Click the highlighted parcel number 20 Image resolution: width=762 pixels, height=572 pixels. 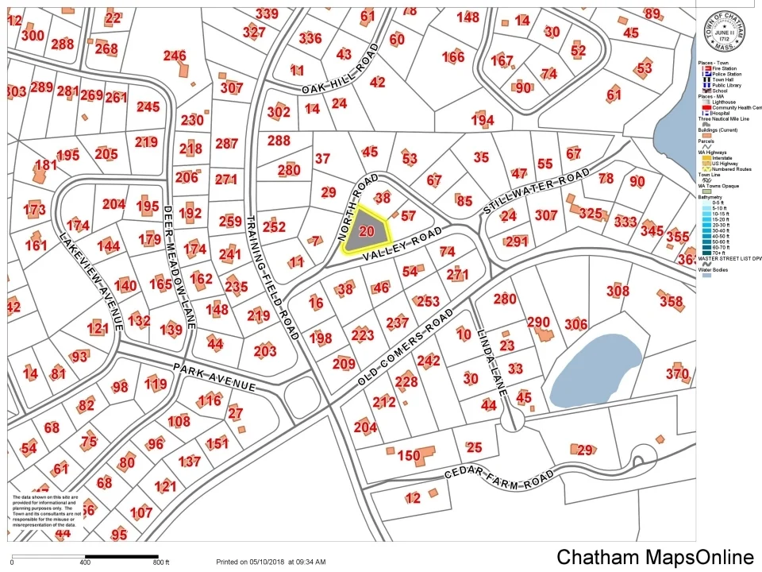tap(366, 231)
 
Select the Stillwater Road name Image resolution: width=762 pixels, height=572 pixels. tap(537, 191)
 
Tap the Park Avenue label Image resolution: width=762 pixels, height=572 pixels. tap(215, 376)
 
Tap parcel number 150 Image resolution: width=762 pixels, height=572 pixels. tap(409, 456)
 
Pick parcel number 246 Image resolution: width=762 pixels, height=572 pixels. tap(175, 56)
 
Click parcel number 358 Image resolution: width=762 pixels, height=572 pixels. tap(672, 302)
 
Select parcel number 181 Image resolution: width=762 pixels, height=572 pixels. tap(46, 165)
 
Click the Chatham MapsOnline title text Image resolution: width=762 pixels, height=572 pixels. tap(654, 557)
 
